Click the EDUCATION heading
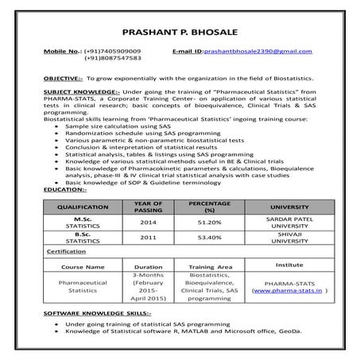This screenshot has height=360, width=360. [x=65, y=189]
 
